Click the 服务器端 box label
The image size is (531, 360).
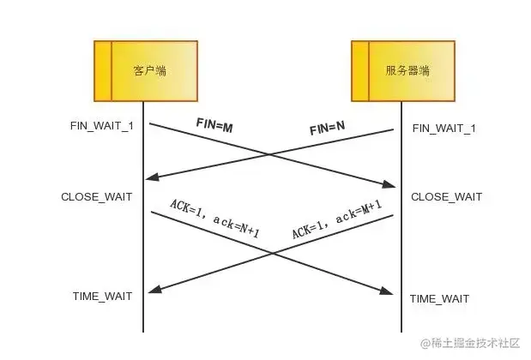(x=407, y=70)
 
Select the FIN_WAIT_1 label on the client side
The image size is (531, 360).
(x=102, y=126)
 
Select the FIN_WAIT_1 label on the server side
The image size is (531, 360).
(x=444, y=128)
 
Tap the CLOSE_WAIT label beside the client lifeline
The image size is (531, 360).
(x=97, y=197)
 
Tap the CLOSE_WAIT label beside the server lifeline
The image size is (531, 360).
(x=446, y=197)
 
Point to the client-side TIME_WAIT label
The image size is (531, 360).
(x=102, y=296)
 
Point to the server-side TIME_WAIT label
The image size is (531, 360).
(x=439, y=298)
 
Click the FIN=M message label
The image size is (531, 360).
(x=214, y=126)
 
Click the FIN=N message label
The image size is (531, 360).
(x=327, y=129)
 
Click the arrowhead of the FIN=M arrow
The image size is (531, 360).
(x=389, y=185)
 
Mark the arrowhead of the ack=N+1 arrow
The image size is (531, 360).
(x=389, y=291)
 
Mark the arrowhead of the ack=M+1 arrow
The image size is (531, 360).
(x=153, y=290)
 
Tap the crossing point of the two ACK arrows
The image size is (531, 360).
(x=272, y=253)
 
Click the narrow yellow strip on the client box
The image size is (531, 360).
(x=102, y=70)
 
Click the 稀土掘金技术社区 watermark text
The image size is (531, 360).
(x=473, y=342)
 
